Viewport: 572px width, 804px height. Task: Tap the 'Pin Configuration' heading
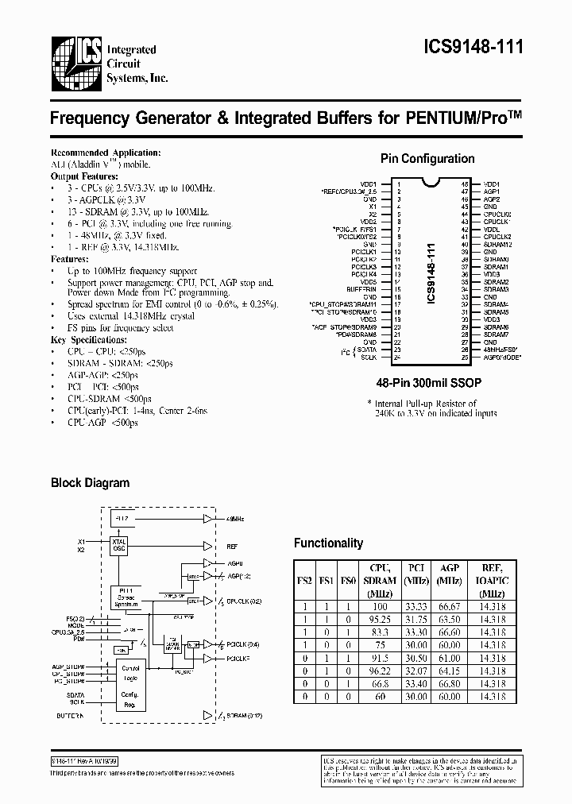[427, 159]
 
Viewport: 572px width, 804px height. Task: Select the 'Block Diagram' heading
[90, 482]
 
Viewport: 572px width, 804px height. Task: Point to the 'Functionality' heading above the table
[328, 543]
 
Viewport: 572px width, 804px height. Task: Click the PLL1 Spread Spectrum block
[126, 597]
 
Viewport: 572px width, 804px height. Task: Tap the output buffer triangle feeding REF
[208, 547]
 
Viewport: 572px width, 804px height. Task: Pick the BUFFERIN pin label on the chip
[361, 289]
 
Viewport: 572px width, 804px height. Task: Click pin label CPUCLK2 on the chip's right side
[497, 237]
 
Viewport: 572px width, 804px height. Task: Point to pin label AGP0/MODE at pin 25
[500, 357]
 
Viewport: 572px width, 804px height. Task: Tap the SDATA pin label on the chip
[366, 350]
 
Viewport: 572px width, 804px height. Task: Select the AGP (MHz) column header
[450, 574]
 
